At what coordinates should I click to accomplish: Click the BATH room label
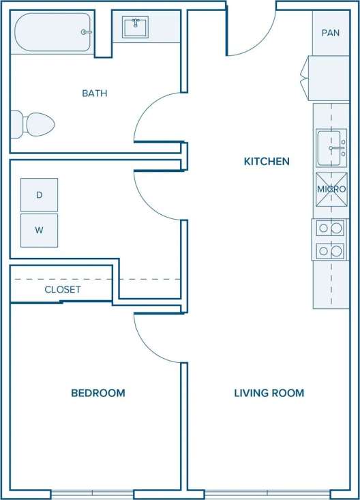click(x=95, y=93)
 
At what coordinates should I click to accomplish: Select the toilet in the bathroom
click(x=32, y=125)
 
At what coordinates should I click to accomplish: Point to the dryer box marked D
click(x=39, y=194)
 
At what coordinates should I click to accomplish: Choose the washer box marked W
click(x=39, y=230)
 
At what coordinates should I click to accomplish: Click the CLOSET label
click(x=62, y=289)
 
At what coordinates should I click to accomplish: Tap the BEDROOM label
click(x=98, y=393)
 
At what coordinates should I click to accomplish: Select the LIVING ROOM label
click(x=269, y=393)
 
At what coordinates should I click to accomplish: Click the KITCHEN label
click(x=267, y=162)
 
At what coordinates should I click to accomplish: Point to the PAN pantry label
click(x=331, y=33)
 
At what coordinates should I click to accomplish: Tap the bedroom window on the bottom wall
click(x=92, y=494)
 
